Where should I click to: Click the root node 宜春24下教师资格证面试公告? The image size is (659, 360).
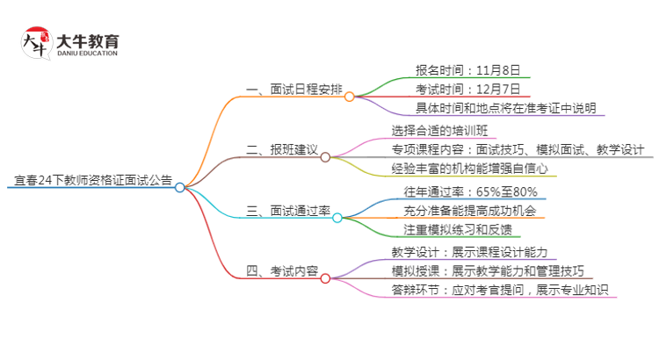pos(93,181)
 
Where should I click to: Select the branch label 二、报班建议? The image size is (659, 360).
pos(282,150)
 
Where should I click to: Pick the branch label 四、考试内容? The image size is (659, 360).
pos(282,271)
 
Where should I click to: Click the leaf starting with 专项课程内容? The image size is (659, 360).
pos(518,149)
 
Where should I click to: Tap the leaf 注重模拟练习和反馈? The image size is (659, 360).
pos(451,230)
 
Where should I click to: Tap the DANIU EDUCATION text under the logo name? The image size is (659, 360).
pos(86,54)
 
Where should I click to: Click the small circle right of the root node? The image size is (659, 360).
pos(180,187)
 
